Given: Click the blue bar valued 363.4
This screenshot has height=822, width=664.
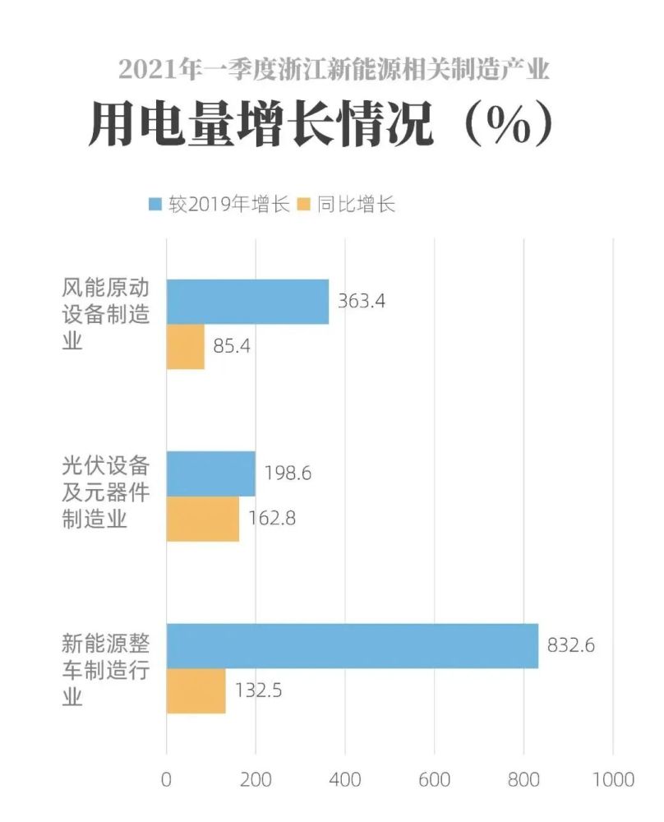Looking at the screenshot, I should (247, 302).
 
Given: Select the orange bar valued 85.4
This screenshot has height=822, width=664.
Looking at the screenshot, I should (185, 346).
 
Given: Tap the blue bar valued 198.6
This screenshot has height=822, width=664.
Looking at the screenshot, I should (210, 473).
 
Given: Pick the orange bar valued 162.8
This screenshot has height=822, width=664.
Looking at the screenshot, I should (202, 519).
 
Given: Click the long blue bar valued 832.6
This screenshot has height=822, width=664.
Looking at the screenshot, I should (352, 646).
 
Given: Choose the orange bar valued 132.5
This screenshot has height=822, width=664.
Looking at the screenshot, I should (196, 690).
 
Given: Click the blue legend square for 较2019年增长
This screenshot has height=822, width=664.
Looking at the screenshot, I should (155, 204).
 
